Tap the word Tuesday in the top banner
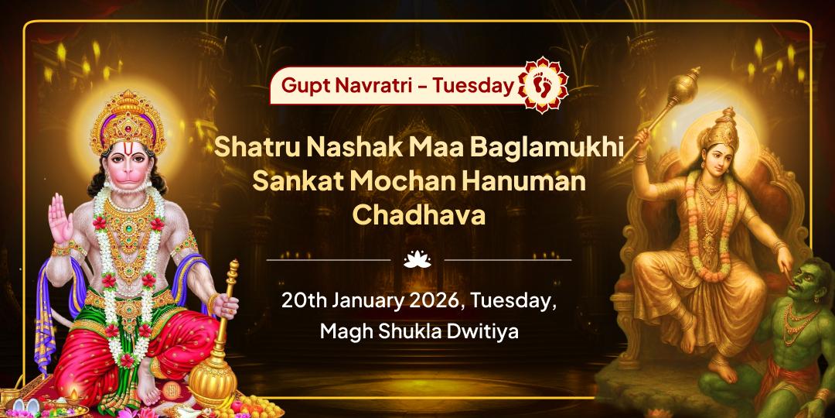(473, 85)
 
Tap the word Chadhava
(418, 216)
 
